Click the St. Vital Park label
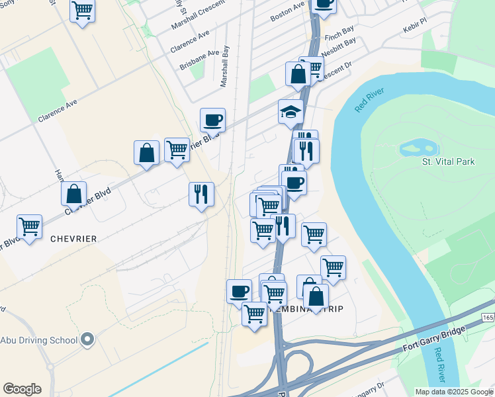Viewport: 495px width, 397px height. [448, 161]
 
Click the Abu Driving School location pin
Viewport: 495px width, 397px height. [88, 341]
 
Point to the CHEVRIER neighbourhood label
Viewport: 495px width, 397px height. [73, 238]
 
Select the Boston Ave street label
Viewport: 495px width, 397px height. [287, 12]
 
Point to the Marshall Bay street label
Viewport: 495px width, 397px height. [225, 66]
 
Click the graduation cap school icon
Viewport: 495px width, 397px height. [290, 111]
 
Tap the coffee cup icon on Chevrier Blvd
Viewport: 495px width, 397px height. [212, 120]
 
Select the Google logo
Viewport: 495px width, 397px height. [22, 389]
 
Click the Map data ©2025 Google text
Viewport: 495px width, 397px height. [453, 392]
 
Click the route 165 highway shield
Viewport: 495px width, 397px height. [488, 318]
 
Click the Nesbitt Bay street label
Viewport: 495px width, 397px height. [338, 46]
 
